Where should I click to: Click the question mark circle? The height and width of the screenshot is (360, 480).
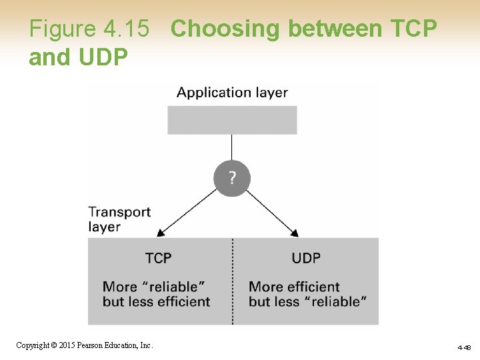tap(232, 179)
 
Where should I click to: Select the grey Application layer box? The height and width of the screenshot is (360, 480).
tap(232, 120)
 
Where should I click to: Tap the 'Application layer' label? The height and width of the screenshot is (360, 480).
tap(232, 93)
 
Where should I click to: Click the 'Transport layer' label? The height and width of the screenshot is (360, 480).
tap(119, 219)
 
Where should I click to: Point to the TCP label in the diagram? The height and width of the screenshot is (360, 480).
tap(159, 258)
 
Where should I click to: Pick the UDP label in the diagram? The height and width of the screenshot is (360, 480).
tap(306, 258)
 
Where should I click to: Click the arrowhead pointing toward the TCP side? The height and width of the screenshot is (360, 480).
tap(160, 233)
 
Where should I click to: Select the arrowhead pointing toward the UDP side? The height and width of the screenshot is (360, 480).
tap(295, 233)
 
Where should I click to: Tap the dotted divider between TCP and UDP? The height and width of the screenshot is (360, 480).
tap(233, 280)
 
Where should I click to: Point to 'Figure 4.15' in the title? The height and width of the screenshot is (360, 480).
tap(89, 29)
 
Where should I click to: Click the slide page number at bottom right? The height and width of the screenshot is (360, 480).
tap(464, 347)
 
